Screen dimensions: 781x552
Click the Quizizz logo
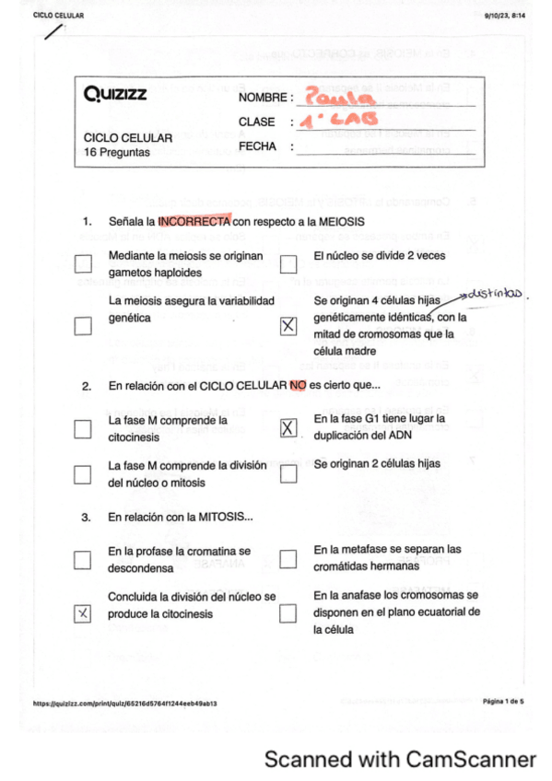[x=114, y=94]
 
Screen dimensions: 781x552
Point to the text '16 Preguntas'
[x=116, y=152]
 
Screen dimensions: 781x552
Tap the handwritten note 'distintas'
[x=495, y=294]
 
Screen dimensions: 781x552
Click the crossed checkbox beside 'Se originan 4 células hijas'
[x=288, y=326]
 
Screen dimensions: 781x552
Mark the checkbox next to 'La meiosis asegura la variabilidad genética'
[x=84, y=326]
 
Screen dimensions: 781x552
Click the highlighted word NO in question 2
[x=297, y=387]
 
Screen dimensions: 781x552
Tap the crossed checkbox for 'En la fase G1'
[x=288, y=427]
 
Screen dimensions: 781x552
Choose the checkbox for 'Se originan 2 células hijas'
[x=288, y=473]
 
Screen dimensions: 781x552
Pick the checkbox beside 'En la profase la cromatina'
[x=84, y=558]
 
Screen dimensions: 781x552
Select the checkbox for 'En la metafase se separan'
[x=288, y=558]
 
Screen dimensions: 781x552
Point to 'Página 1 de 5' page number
[x=503, y=702]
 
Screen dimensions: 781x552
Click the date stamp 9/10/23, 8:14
[x=504, y=16]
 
